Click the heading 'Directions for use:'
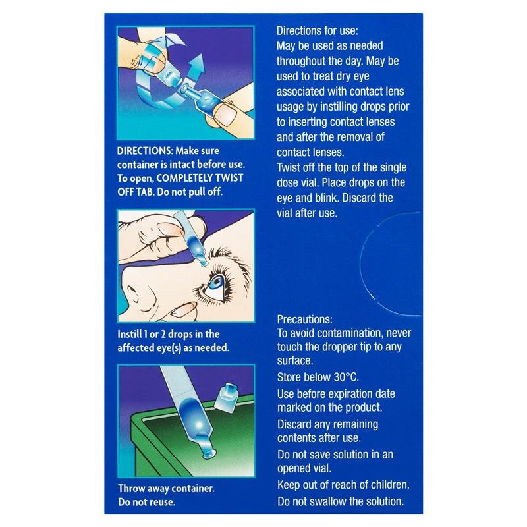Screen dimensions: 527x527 coord(318,30)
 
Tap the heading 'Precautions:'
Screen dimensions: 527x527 coord(304,319)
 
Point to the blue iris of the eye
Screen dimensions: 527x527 coord(217,282)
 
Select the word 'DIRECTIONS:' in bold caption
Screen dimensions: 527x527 coord(145,151)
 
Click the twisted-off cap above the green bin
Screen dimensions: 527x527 coord(226,396)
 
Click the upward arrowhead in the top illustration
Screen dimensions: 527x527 coord(198,63)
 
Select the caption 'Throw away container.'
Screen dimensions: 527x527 coord(166,488)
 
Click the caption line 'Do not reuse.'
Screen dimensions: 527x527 coord(146,502)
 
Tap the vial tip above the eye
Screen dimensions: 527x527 coord(204,263)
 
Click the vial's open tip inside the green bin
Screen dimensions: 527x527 coord(209,455)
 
